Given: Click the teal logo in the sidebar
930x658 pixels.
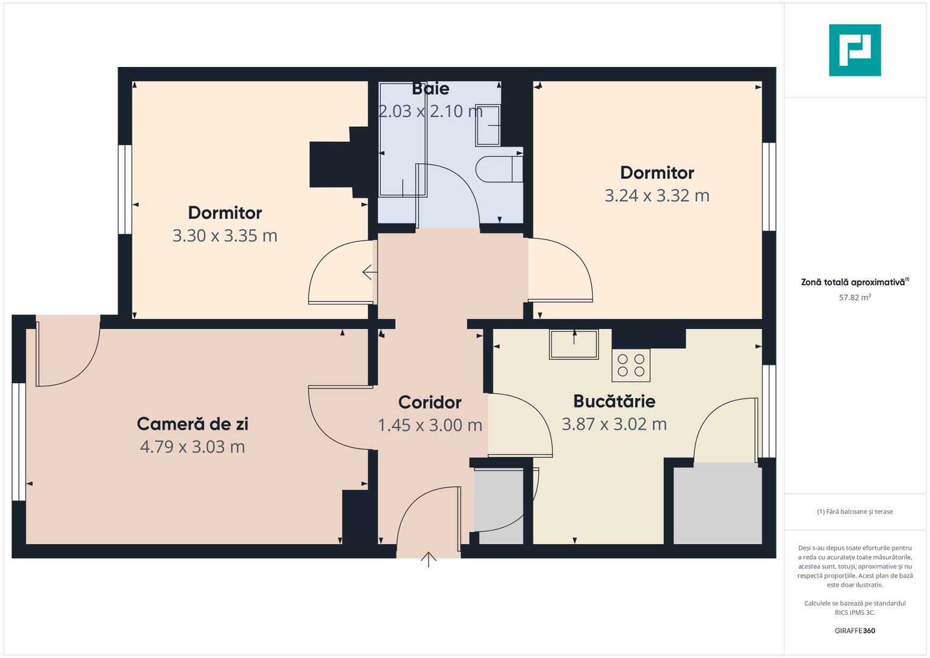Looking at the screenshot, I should (x=854, y=50).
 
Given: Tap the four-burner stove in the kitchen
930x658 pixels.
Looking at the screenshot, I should (x=631, y=365).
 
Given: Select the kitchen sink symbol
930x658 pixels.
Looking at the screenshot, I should (x=574, y=344).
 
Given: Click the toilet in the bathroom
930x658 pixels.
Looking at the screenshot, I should (x=499, y=169).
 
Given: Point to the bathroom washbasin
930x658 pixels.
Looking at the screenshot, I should (x=488, y=126).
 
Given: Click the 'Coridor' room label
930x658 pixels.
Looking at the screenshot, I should (x=430, y=402).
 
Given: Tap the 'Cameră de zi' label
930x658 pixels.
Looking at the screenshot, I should (x=192, y=424).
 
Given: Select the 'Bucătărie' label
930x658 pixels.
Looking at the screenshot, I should (x=614, y=401).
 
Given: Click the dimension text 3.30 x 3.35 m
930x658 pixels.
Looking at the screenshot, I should (x=225, y=236).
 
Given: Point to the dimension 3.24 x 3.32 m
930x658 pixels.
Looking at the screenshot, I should (x=657, y=196).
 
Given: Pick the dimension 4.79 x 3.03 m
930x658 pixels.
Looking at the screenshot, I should (x=192, y=447).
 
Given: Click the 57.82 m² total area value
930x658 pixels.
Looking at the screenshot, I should (x=854, y=298).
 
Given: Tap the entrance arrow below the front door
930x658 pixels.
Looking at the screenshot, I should (x=429, y=559).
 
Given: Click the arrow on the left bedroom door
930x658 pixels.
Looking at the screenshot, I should (x=368, y=272).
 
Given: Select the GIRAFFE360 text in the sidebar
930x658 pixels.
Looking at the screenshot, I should (x=854, y=631).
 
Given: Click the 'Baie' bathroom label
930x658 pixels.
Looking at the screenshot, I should (x=431, y=89).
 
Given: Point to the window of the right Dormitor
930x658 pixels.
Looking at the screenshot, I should (x=769, y=186).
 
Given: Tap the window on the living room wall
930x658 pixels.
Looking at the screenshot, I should (x=19, y=441).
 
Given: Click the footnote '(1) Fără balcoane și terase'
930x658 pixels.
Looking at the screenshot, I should (x=854, y=512).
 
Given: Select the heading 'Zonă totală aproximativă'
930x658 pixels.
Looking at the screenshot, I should (x=853, y=282).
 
